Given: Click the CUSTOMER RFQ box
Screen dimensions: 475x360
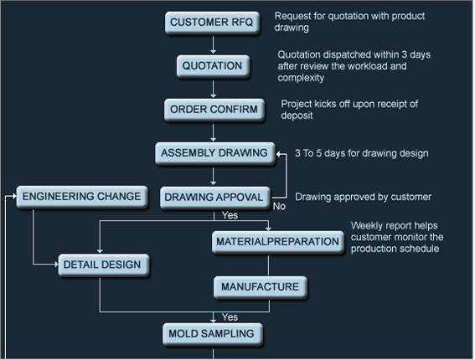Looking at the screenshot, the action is [212, 23].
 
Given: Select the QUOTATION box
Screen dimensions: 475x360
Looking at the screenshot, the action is [213, 66].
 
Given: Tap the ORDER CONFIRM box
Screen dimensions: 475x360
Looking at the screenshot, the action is [214, 110].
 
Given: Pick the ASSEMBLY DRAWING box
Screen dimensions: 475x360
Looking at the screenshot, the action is [215, 153].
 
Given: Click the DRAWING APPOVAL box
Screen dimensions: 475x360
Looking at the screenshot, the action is [214, 198].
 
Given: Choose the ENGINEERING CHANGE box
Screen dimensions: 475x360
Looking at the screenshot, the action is [82, 197].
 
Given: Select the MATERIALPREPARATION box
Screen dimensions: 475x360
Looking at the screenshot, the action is [278, 242].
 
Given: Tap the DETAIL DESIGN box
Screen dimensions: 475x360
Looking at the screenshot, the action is [104, 265].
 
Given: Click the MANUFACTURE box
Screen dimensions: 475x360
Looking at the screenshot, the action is [261, 287].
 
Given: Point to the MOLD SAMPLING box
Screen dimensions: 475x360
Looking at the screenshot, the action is [212, 334].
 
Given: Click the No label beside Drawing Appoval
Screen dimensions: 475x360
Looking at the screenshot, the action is [279, 207].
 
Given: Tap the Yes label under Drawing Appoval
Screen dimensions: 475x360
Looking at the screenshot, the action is [230, 215].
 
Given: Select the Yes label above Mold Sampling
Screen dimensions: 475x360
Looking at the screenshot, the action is [230, 317].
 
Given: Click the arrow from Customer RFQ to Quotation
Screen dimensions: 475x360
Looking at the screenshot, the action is [214, 45].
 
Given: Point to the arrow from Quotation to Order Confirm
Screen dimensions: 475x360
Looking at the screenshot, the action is [214, 89].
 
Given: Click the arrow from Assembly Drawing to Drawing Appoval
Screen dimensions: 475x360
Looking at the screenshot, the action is [214, 176].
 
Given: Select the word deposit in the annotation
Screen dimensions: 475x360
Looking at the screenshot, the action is [297, 116].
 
